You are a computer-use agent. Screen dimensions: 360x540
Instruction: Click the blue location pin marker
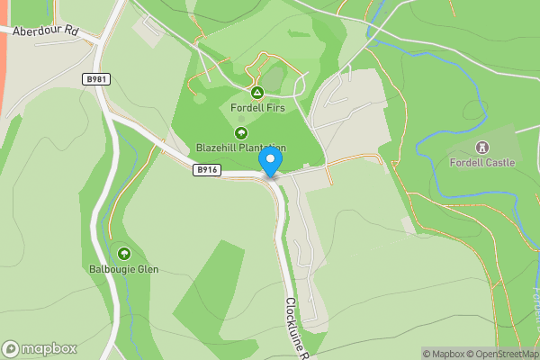(270, 161)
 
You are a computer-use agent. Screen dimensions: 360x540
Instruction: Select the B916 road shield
(206, 169)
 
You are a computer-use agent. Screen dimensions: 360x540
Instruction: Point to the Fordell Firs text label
(256, 109)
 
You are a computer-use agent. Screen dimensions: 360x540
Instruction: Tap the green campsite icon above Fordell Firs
(256, 93)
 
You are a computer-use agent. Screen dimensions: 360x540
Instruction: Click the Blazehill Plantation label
(241, 148)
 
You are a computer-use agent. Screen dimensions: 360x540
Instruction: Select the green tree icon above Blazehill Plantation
(241, 132)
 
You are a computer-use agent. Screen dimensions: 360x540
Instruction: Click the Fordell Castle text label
(482, 163)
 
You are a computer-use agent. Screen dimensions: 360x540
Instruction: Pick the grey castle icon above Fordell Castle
(482, 147)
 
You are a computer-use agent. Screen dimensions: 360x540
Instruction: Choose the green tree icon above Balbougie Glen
(123, 254)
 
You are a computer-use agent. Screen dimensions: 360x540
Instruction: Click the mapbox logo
(40, 348)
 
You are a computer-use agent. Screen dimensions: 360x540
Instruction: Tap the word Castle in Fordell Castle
(499, 163)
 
